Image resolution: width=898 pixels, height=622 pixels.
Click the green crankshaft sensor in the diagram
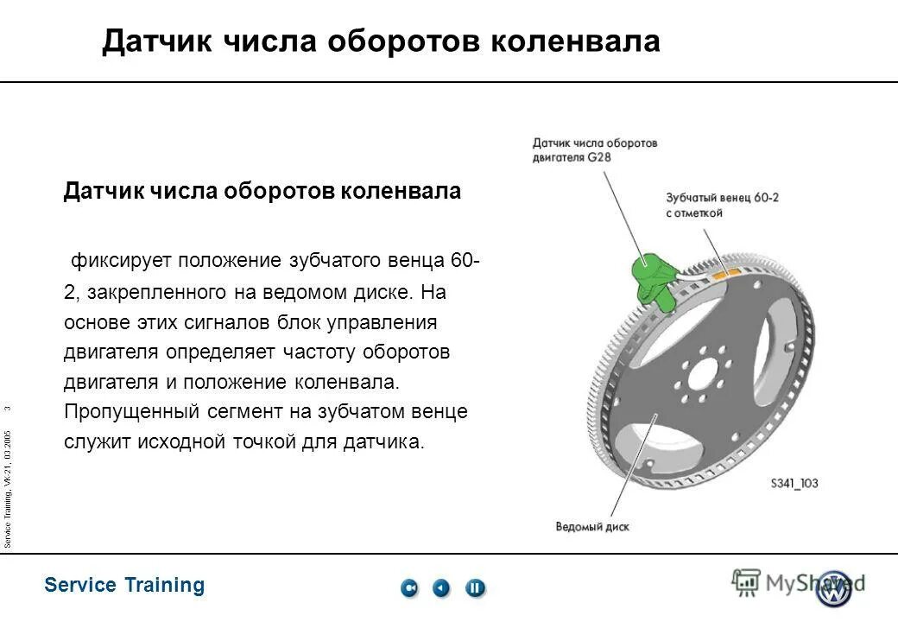(x=655, y=279)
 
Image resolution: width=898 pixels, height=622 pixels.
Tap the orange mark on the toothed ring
(x=724, y=271)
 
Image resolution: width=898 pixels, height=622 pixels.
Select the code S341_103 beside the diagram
(x=794, y=484)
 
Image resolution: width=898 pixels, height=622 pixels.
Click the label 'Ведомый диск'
(x=591, y=526)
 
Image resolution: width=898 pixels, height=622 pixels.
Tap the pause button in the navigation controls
(x=475, y=588)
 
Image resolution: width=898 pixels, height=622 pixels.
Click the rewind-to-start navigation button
(x=409, y=588)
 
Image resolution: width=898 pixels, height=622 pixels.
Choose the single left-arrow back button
(x=441, y=588)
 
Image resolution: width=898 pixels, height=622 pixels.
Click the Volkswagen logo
(x=834, y=587)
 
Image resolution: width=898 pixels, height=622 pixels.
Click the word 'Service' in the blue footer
(x=80, y=585)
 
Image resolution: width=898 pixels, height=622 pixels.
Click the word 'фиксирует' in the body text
(x=120, y=260)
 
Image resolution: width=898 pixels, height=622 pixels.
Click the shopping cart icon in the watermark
(x=745, y=582)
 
